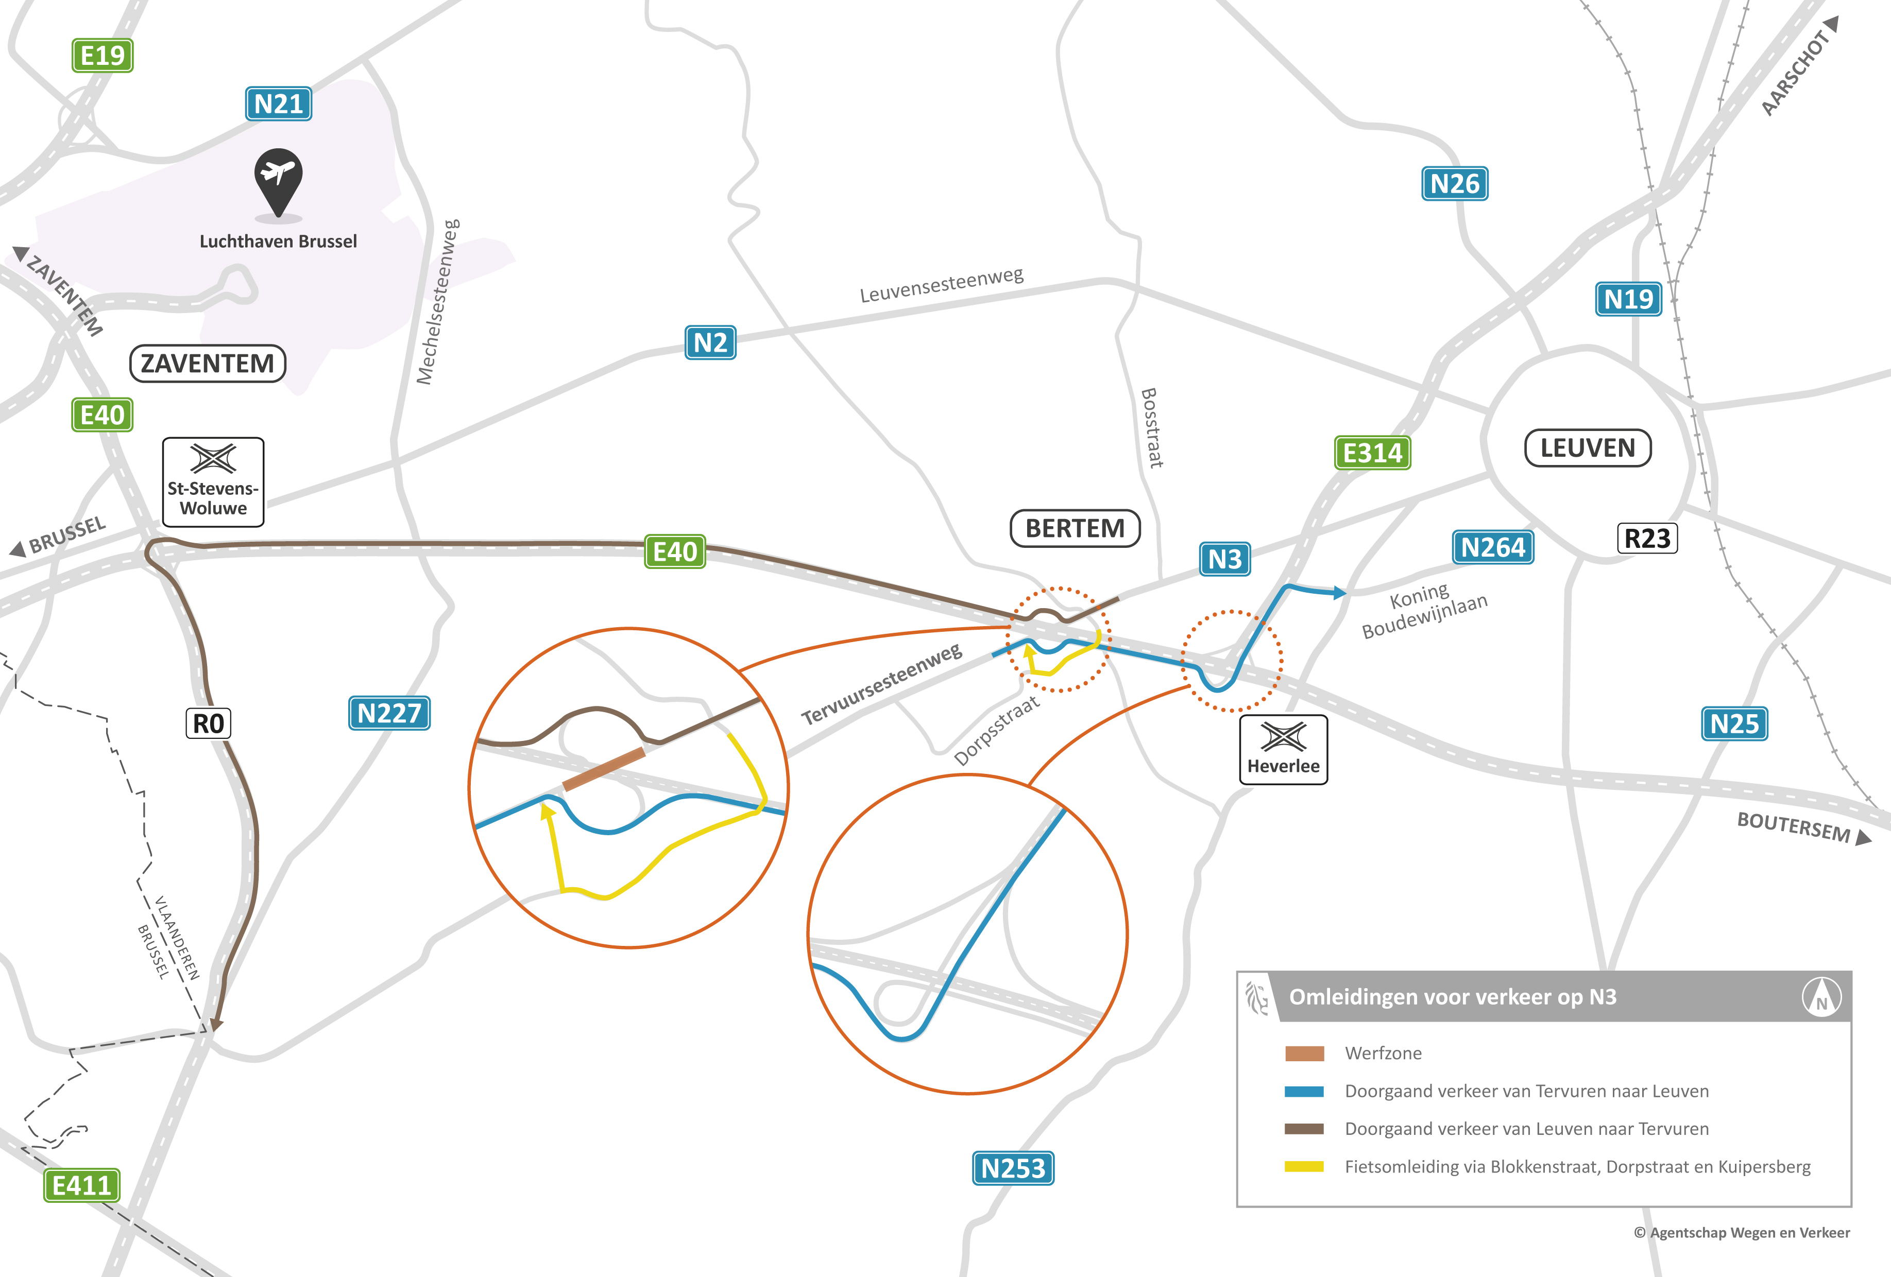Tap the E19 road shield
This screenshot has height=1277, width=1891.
coord(103,55)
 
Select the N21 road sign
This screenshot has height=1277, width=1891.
coord(278,104)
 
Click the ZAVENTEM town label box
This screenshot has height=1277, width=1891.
coord(208,364)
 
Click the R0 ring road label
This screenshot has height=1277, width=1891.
coord(208,723)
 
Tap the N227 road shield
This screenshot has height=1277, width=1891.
coord(389,713)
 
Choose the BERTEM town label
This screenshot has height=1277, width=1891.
coord(1075,529)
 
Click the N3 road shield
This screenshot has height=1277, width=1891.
coord(1224,559)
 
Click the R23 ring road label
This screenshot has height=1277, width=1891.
coord(1647,539)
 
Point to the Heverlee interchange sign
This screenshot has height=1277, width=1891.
coord(1283,750)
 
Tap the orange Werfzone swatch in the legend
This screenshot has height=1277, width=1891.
coord(1304,1054)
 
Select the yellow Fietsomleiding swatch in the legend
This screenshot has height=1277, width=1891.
coord(1304,1166)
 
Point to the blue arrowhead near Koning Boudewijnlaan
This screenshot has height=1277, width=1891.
coord(1339,593)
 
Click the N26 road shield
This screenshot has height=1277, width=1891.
coord(1455,184)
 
